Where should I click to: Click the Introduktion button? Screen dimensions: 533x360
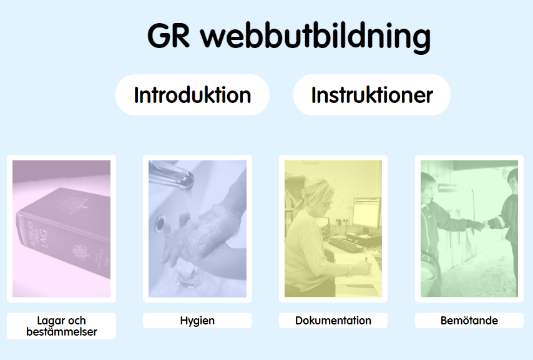coord(192,95)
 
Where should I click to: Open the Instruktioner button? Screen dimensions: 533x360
coord(372,95)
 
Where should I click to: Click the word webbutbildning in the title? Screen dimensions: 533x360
coord(315,37)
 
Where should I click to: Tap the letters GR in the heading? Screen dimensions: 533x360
coord(169,36)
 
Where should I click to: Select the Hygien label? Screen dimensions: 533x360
coord(197,321)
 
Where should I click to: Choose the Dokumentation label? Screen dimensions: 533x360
coord(333,321)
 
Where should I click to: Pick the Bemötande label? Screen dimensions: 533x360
coord(469,321)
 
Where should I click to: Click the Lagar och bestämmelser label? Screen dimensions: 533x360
coord(62,326)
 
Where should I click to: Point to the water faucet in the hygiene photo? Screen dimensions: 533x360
coord(171,175)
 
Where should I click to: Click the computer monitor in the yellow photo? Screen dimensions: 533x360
coord(366,213)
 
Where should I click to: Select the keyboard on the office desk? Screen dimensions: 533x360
coord(346,245)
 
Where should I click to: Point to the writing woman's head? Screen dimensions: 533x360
coord(318,197)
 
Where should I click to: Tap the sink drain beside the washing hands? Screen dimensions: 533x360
coord(159,224)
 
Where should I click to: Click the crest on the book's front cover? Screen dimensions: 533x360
coord(72,205)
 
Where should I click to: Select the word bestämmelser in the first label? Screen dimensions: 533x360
coord(62,332)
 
